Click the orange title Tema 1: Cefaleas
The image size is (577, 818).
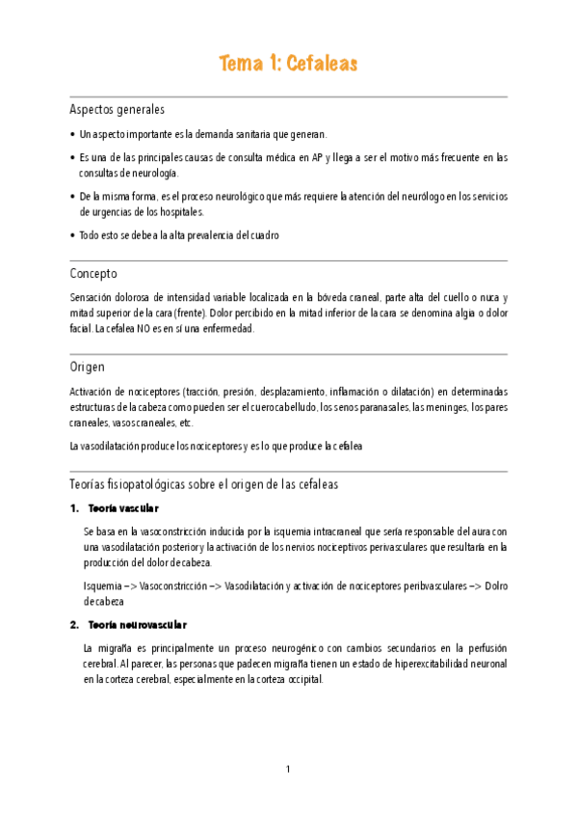click(x=288, y=65)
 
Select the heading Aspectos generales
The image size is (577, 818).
click(x=118, y=109)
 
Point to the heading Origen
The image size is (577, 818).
click(x=88, y=367)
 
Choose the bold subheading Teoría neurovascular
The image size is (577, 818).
click(x=137, y=624)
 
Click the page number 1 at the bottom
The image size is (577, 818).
click(x=288, y=769)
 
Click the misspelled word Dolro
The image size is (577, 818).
click(x=494, y=585)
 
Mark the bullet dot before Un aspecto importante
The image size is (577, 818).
click(x=74, y=134)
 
